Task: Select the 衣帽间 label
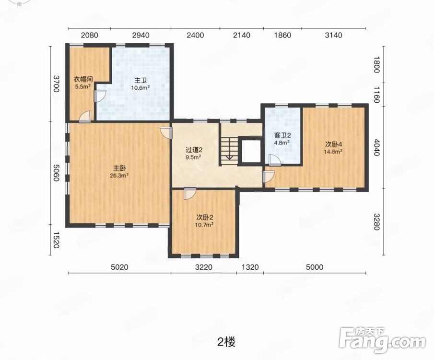(83, 79)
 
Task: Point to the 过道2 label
(194, 150)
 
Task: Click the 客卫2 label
(282, 135)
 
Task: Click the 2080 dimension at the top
(89, 35)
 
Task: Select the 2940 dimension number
(141, 35)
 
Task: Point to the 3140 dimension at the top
(333, 35)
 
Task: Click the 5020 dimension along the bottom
(119, 267)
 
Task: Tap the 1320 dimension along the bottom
(250, 267)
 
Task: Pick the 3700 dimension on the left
(56, 84)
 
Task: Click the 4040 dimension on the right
(376, 147)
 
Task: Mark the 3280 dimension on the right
(376, 222)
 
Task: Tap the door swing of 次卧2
(190, 193)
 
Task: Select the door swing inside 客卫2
(275, 160)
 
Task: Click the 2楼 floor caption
(226, 342)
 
